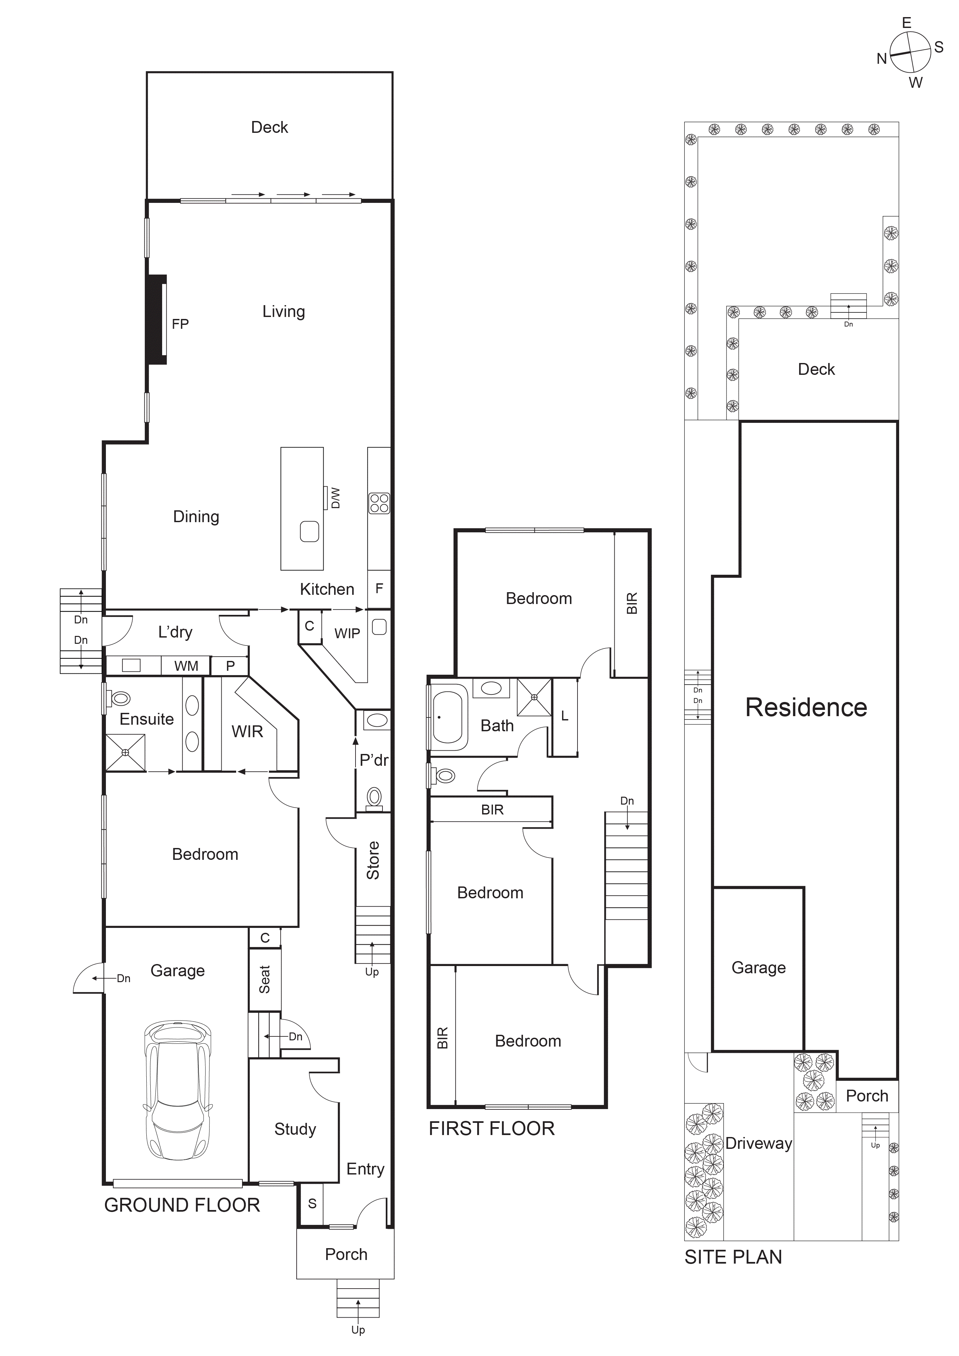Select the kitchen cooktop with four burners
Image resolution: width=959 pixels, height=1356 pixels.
tap(379, 503)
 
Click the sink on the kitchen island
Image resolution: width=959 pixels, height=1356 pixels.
tap(309, 531)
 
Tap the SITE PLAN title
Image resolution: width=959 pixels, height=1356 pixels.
tap(733, 1257)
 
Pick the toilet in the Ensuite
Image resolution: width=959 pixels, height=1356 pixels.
tap(120, 699)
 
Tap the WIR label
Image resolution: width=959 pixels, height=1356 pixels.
tap(247, 731)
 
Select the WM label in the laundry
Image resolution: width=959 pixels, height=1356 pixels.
tap(186, 666)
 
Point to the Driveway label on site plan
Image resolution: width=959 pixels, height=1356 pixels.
tap(759, 1143)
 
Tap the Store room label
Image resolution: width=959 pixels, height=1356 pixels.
tap(373, 860)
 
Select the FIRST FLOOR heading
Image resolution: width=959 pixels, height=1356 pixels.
tap(492, 1128)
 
